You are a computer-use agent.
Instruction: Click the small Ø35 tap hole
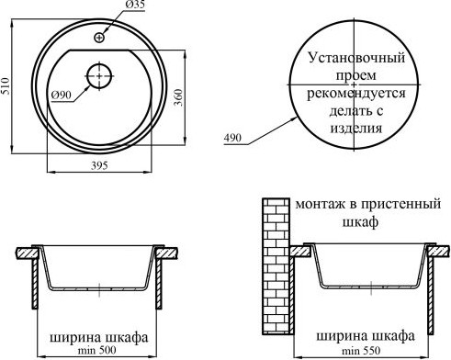(98, 37)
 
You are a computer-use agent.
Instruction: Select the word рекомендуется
(352, 93)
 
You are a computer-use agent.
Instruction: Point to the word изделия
(351, 128)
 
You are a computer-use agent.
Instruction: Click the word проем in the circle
(352, 75)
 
